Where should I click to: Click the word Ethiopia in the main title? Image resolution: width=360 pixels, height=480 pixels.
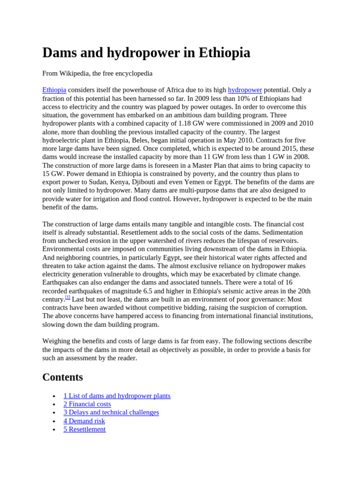[224, 53]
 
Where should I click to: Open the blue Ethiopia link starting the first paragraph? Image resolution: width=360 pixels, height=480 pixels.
[54, 90]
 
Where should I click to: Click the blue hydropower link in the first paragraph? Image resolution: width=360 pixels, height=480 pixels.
[245, 90]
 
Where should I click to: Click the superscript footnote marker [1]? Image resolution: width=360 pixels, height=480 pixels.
[67, 298]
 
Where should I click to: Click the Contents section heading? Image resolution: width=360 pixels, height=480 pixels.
[62, 377]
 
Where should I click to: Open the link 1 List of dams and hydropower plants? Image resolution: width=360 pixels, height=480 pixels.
[117, 396]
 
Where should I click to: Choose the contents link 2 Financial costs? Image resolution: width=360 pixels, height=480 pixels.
[87, 404]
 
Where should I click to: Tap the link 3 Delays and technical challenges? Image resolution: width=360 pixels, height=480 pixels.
[111, 412]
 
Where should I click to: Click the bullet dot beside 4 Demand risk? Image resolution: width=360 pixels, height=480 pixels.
[55, 421]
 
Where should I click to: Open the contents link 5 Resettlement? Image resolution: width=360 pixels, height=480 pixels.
[84, 429]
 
